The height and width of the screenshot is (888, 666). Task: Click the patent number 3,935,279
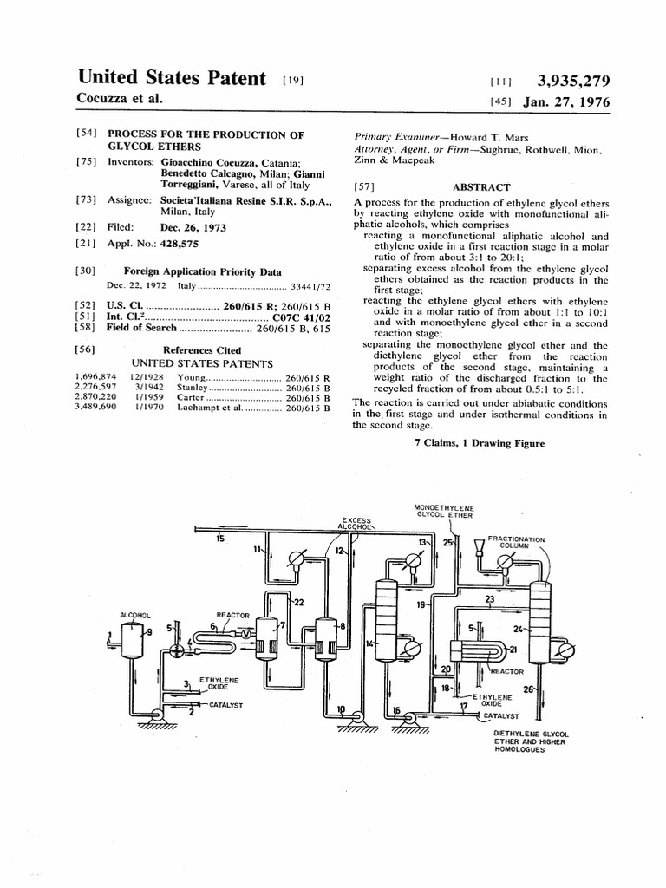(x=573, y=82)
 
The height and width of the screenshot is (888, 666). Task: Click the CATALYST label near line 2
(x=225, y=705)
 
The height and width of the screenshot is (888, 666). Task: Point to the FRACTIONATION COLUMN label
(x=517, y=543)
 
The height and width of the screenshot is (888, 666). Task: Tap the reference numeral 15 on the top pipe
(x=220, y=539)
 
